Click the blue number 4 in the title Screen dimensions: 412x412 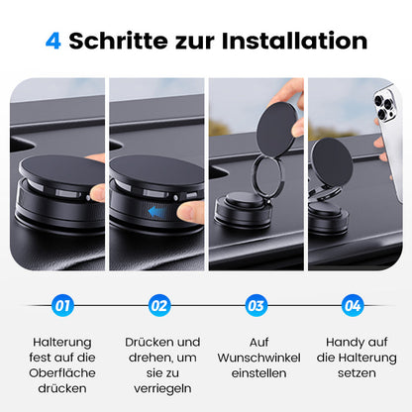pos(54,41)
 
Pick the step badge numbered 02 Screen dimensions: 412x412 pos(158,305)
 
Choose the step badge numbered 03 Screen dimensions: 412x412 pos(256,305)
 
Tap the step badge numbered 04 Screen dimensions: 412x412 pos(353,305)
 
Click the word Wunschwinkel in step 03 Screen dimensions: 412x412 pos(256,357)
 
